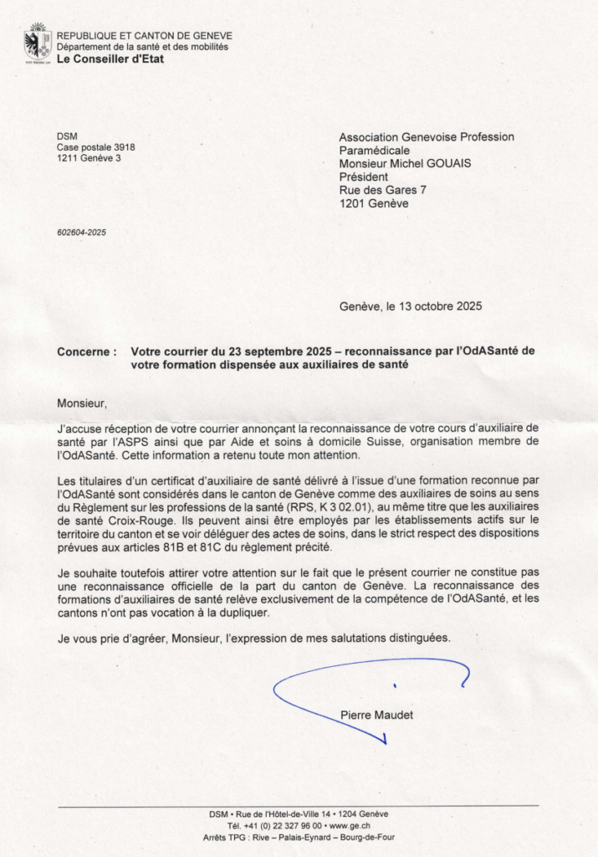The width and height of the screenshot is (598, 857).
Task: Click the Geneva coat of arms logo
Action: tap(37, 44)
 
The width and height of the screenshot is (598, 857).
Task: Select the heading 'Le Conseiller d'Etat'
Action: tap(110, 59)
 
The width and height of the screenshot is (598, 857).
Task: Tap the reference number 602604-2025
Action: tap(81, 232)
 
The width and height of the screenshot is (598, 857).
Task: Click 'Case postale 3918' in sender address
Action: tap(95, 147)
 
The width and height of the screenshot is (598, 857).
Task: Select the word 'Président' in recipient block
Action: tap(363, 177)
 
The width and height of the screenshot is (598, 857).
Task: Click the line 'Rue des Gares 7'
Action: tap(382, 190)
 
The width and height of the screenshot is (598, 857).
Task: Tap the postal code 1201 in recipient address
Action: tap(352, 203)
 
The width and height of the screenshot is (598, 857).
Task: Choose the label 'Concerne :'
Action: tap(87, 352)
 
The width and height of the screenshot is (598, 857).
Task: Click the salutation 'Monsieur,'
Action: tap(83, 403)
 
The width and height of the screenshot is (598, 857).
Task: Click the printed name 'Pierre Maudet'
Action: tap(376, 715)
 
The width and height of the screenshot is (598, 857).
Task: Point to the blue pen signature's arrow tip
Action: tap(385, 742)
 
